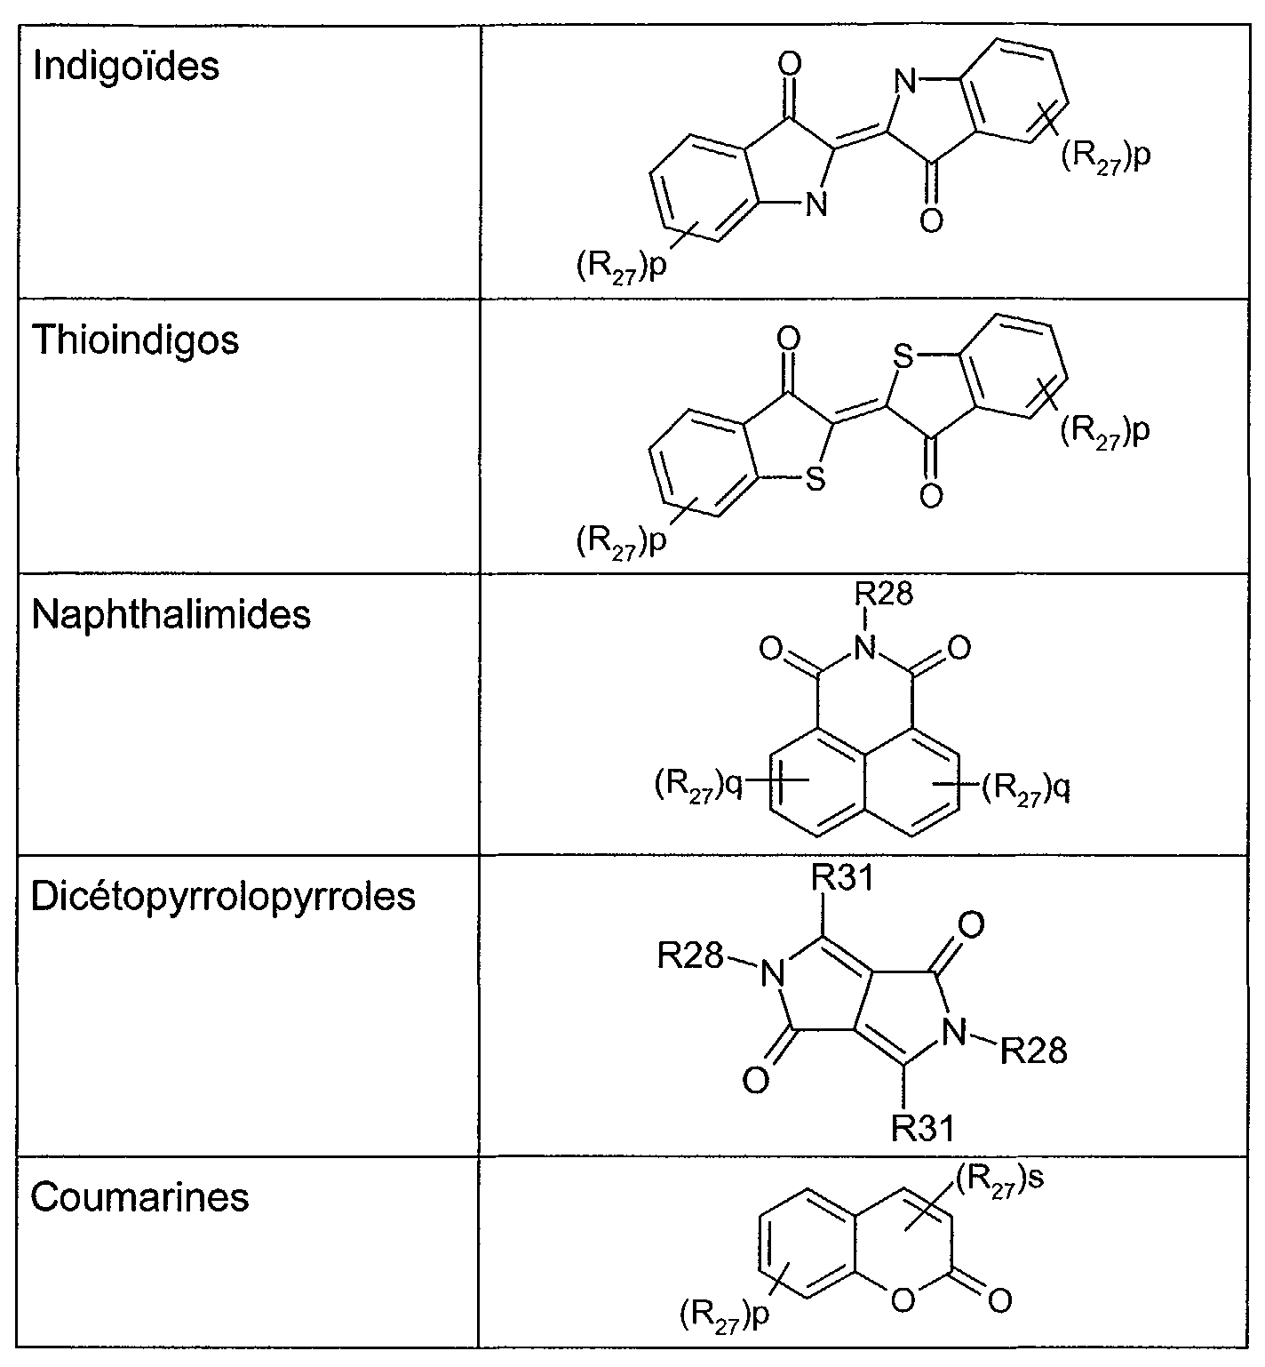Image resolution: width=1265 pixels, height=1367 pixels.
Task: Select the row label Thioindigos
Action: pos(135,340)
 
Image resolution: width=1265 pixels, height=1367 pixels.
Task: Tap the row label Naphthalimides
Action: pos(171,615)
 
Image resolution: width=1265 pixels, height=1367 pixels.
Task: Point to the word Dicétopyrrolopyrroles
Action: pos(223,897)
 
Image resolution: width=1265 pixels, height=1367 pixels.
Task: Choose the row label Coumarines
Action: pos(139,1197)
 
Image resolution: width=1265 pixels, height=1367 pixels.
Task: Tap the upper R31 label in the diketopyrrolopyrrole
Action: pos(842,878)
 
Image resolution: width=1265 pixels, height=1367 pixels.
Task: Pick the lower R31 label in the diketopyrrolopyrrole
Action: pos(923,1128)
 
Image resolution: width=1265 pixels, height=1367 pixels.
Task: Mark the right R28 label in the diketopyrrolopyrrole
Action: pos(1033,1051)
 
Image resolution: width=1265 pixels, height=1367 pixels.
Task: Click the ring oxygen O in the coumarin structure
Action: pos(903,1301)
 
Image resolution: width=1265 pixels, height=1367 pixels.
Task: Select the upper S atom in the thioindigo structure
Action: pos(903,357)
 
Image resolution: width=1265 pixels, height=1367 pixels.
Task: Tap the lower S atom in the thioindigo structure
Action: pos(815,480)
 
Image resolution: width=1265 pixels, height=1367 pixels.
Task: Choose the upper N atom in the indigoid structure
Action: pos(904,83)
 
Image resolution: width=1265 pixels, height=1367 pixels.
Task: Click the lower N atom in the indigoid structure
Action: pos(815,205)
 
